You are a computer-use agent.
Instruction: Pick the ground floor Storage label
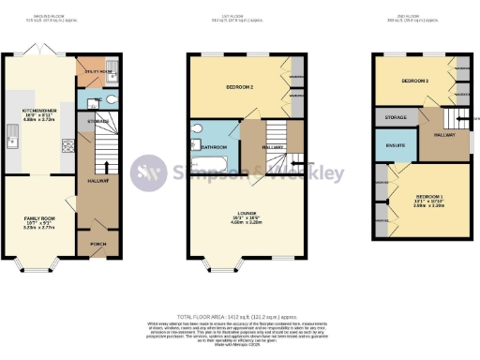[x=98, y=122]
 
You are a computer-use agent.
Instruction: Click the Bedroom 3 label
[x=413, y=82]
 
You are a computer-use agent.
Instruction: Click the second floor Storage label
[x=395, y=117]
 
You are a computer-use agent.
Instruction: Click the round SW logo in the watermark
[x=146, y=172]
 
